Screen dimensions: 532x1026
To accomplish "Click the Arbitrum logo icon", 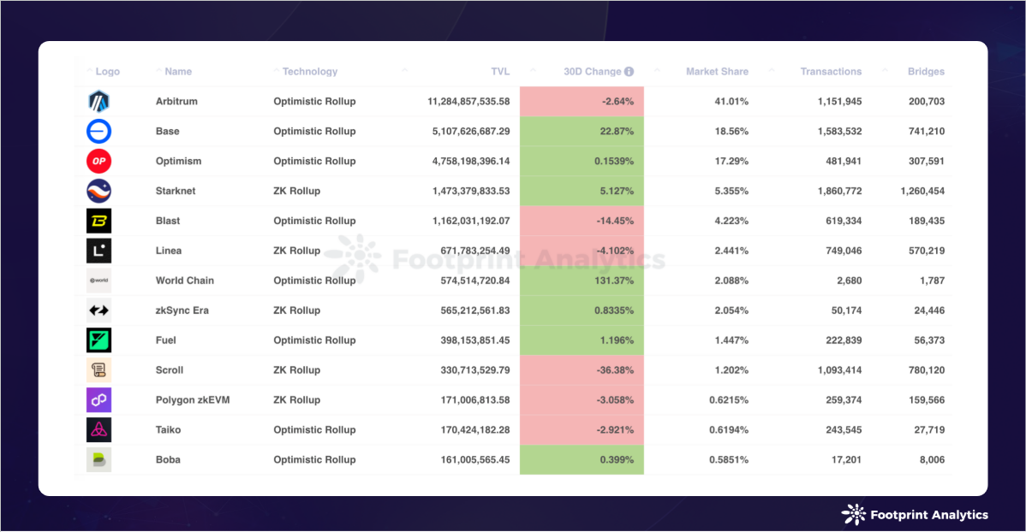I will (x=98, y=102).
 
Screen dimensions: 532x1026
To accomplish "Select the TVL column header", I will (x=500, y=72).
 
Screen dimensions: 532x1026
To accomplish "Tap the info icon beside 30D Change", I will (x=629, y=72).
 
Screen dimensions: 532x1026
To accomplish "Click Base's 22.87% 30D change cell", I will (x=582, y=132).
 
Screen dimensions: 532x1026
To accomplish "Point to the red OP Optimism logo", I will (x=98, y=161).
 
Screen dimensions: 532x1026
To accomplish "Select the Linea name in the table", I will (x=169, y=251).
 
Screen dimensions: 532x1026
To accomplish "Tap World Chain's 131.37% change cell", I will (x=582, y=281).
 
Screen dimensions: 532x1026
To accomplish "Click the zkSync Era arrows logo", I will (x=98, y=310).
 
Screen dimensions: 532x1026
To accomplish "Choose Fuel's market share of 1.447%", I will (x=731, y=340).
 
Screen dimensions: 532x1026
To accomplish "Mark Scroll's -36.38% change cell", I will (x=582, y=370).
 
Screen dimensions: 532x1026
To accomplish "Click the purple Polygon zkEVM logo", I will (x=98, y=399).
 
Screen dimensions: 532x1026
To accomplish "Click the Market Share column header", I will (x=717, y=72).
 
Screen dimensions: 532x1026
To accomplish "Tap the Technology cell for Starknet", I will (x=297, y=191).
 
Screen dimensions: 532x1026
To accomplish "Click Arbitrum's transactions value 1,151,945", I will (x=833, y=102).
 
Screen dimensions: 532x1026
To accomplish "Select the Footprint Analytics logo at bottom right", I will (x=915, y=514).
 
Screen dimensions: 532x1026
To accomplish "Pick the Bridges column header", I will (x=926, y=72).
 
